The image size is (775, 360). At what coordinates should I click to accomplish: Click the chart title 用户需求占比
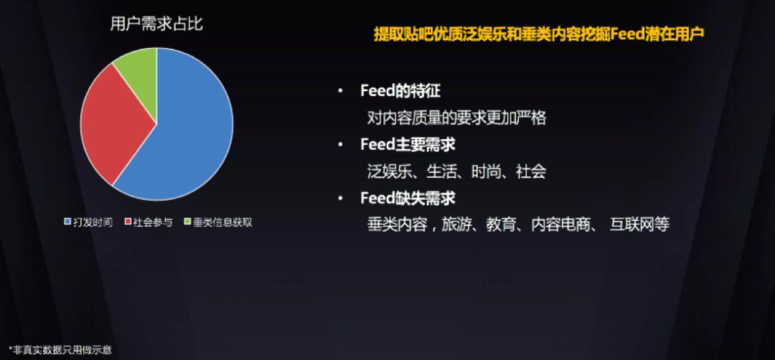156,24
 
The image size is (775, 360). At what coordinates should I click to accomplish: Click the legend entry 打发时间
88,222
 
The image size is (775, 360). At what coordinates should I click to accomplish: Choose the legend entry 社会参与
149,222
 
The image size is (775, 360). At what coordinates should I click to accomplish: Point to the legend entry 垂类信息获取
218,222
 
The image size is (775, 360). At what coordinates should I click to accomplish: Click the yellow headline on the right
539,34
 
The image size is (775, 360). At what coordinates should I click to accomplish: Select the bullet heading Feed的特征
400,91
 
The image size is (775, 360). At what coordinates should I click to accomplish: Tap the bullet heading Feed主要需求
408,145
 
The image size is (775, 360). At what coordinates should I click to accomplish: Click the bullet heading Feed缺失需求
408,198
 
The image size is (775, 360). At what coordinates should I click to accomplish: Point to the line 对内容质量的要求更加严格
456,118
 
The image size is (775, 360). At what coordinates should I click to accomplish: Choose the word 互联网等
639,224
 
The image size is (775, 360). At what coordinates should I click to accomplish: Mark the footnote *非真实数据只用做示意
60,350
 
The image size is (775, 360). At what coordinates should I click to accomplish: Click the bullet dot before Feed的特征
340,92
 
